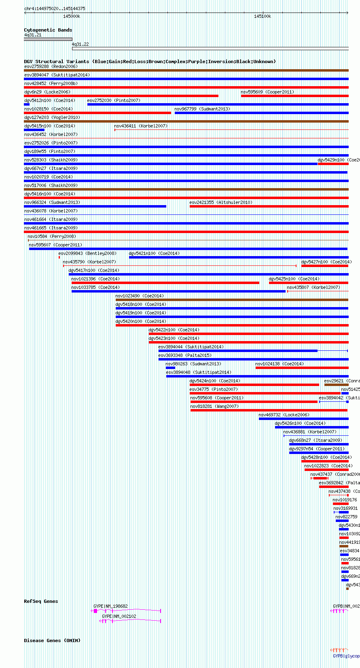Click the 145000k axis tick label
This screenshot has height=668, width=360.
72,16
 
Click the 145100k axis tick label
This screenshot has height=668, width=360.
263,16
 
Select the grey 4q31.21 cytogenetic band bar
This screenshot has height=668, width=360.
48,39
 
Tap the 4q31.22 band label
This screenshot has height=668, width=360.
80,44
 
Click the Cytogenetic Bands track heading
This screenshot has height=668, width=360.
48,30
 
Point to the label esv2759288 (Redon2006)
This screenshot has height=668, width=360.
51,66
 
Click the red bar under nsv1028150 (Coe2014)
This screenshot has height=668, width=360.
97,113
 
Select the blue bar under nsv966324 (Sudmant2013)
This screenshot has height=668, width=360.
95,206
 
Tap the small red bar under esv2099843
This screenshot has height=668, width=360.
59,257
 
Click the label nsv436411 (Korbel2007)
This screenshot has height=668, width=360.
140,126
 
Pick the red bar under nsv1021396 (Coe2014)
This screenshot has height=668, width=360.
165,283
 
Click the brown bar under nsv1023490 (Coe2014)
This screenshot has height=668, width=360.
231,300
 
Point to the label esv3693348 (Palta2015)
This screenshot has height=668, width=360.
184,355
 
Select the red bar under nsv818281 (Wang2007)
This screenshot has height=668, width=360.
269,410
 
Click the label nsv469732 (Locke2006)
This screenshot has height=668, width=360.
284,415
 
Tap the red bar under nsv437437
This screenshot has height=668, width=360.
320,478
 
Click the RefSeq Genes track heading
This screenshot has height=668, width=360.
41,601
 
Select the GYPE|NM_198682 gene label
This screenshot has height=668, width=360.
110,606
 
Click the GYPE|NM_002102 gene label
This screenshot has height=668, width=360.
119,616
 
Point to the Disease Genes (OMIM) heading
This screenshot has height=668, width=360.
52,640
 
